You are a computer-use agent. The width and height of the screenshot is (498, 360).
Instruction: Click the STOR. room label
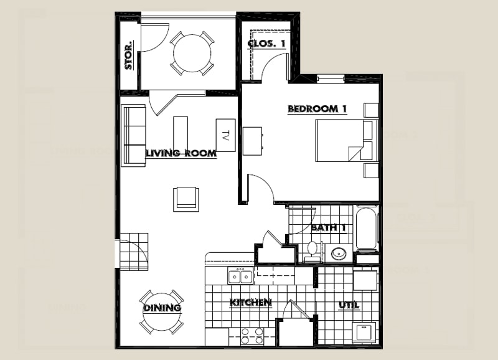129,55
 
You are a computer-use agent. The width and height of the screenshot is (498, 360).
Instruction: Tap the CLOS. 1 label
267,43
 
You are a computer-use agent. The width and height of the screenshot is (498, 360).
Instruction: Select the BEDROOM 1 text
317,109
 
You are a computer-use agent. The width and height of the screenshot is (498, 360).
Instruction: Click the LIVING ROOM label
181,153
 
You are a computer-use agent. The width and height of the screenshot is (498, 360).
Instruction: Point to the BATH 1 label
328,227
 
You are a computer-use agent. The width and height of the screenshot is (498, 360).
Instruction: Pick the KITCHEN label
251,303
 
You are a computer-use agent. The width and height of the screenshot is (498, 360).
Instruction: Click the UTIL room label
348,305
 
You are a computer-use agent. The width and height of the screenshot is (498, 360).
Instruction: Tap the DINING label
162,308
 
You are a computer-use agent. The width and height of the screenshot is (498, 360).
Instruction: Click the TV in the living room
225,135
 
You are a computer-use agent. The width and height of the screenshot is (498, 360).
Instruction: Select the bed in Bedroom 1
339,141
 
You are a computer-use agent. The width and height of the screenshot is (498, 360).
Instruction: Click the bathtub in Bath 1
367,229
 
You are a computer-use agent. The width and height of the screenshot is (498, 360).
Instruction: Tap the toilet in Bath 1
313,250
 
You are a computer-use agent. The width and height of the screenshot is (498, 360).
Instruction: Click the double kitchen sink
240,275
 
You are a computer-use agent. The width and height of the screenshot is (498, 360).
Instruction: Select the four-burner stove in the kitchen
253,336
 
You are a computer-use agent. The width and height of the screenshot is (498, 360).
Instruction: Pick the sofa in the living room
134,135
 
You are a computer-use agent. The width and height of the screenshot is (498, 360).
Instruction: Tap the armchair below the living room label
186,199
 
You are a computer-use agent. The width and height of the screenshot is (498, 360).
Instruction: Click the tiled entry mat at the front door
134,251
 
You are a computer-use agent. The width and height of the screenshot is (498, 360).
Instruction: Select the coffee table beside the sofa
181,133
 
